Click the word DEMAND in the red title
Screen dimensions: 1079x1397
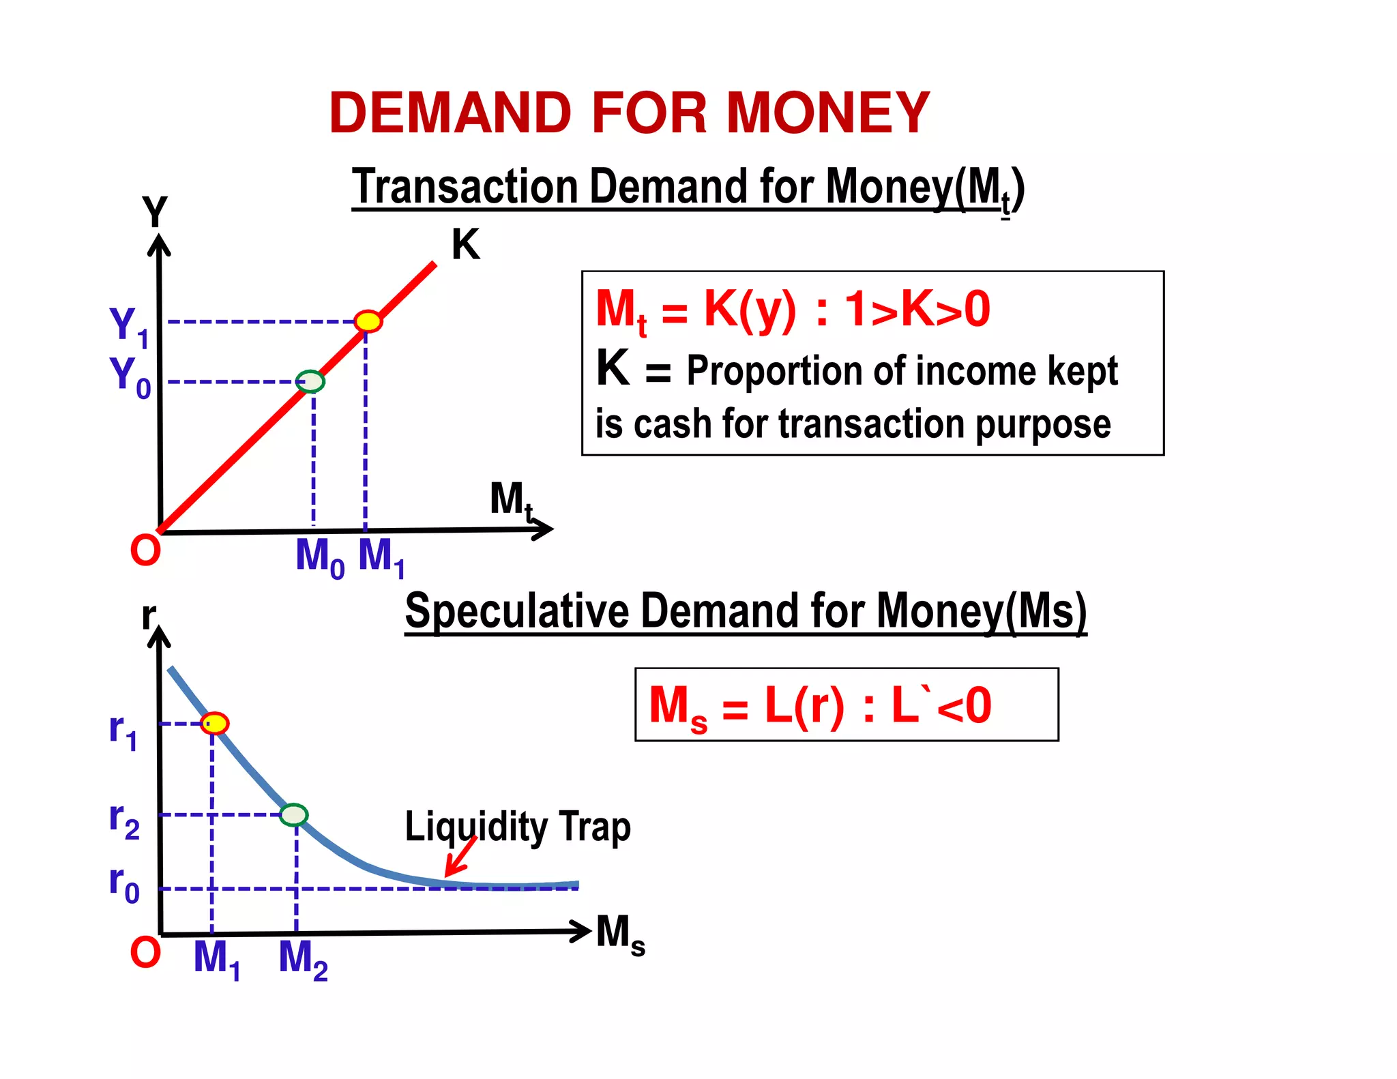(450, 113)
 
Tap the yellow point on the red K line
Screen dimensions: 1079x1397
(368, 321)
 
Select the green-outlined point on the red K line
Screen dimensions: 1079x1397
(311, 381)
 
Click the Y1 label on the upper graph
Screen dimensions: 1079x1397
(129, 326)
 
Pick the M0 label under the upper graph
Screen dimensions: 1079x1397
(319, 557)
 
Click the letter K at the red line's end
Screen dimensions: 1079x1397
(466, 244)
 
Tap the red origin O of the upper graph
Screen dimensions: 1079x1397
(145, 550)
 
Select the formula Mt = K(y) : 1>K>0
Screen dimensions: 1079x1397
(793, 311)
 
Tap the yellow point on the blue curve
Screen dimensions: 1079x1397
(215, 723)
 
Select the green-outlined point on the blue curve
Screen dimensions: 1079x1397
(294, 814)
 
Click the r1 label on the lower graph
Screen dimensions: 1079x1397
(123, 730)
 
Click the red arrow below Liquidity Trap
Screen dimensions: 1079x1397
(460, 857)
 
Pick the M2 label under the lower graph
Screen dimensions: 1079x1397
(303, 959)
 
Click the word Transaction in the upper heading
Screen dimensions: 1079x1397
(465, 186)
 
